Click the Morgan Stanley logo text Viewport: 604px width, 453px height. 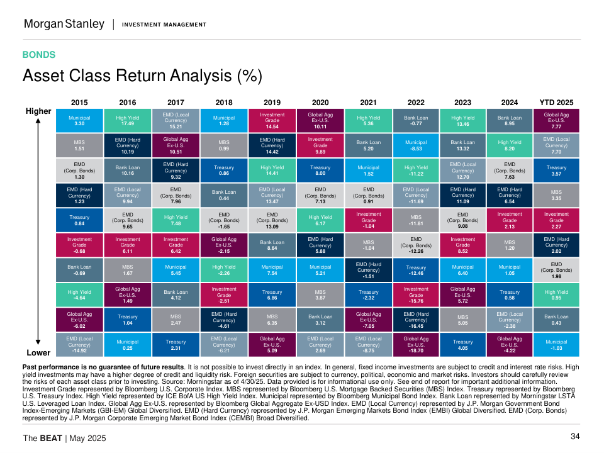coord(64,24)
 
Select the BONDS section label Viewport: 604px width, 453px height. coord(39,55)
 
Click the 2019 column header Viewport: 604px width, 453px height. coord(272,102)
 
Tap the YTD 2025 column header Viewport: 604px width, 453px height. coord(556,102)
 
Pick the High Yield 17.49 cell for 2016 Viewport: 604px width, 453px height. coord(128,120)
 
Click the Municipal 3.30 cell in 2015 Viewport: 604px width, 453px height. coord(79,120)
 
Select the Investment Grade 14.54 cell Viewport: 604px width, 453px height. coord(272,120)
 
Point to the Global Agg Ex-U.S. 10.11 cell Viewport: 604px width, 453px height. coord(320,120)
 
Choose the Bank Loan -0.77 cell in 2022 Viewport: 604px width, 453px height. coord(416,120)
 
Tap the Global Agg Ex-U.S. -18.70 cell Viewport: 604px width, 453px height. coord(416,345)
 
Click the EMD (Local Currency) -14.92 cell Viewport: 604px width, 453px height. coord(79,345)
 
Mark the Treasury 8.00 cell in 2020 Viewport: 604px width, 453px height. coord(320,171)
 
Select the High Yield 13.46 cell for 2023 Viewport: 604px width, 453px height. coord(463,120)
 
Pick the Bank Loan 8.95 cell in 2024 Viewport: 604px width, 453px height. coord(510,120)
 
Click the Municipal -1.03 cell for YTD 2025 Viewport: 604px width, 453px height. coord(556,345)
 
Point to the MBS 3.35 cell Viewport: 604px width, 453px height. coord(556,195)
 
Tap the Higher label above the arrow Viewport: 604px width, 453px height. coord(38,111)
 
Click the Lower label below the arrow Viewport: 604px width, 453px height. coord(38,353)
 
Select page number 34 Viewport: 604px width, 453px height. coord(575,437)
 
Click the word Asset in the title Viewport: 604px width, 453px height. coord(45,76)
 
